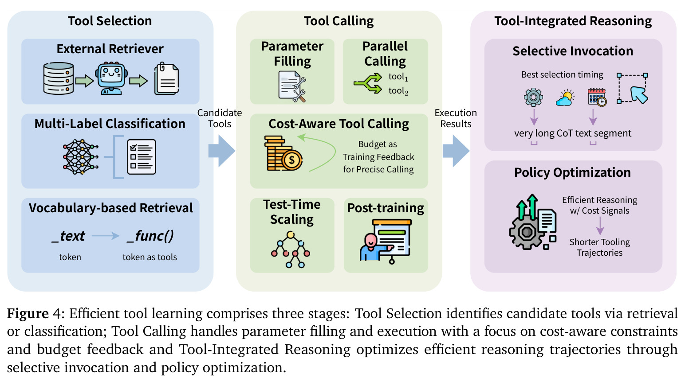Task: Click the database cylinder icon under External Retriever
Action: [x=59, y=78]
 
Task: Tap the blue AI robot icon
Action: [x=111, y=78]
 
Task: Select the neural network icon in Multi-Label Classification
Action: [x=81, y=157]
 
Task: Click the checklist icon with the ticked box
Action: [x=141, y=157]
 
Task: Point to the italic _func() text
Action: [x=150, y=236]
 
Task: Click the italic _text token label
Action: [x=68, y=236]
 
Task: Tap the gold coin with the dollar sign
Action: [x=292, y=160]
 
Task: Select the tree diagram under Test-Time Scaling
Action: [x=291, y=249]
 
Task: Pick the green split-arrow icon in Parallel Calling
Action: [x=368, y=83]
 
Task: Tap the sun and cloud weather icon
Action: [x=565, y=98]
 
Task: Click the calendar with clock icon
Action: [x=597, y=97]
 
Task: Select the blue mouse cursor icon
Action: [x=639, y=95]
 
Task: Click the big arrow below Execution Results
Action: [x=456, y=151]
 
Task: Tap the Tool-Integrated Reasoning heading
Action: [x=573, y=21]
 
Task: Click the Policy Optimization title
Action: [x=572, y=172]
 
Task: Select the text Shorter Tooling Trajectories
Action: [x=600, y=247]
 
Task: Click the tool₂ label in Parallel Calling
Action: [x=398, y=91]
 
